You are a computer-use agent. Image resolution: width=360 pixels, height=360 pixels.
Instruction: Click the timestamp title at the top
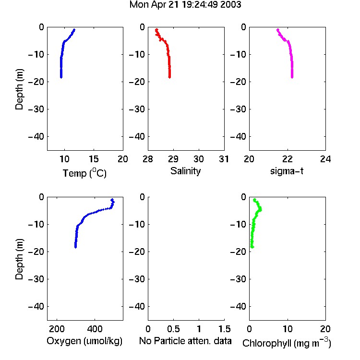(185, 5)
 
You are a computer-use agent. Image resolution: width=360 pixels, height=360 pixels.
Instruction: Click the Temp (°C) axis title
(84, 173)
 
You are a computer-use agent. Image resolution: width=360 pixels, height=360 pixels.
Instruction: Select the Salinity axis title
(185, 171)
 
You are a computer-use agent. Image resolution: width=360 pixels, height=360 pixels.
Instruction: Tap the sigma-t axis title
(287, 171)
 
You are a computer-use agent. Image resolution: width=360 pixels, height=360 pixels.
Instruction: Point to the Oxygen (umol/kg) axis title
(84, 341)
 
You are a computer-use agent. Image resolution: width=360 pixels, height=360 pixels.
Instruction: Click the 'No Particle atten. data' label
(185, 341)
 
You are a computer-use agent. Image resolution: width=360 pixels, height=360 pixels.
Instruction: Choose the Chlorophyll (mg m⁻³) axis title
(287, 343)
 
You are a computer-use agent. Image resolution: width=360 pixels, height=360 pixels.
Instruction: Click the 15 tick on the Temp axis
(94, 159)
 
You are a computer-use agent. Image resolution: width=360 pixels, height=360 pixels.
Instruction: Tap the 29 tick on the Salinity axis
(173, 159)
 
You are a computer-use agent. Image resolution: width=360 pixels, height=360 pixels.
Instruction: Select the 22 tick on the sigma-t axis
(287, 159)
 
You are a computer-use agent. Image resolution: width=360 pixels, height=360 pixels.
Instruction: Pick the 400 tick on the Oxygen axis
(95, 329)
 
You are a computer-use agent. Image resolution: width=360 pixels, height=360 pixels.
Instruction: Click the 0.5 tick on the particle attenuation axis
(173, 329)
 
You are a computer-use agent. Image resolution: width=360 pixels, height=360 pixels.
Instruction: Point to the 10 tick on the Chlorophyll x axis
(287, 329)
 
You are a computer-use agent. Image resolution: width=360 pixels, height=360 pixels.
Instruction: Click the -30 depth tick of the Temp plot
(36, 109)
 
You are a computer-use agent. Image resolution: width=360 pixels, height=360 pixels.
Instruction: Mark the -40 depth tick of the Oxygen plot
(36, 306)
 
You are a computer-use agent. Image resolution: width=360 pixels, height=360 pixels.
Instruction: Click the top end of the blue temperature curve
(74, 30)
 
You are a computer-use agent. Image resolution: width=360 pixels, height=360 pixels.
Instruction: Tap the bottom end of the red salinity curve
(169, 77)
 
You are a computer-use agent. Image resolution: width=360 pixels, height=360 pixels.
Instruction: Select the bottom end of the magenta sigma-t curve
(292, 77)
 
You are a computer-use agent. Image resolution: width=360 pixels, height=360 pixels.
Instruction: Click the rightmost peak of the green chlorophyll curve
(260, 209)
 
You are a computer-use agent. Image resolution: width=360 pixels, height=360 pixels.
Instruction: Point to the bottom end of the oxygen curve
(75, 247)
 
